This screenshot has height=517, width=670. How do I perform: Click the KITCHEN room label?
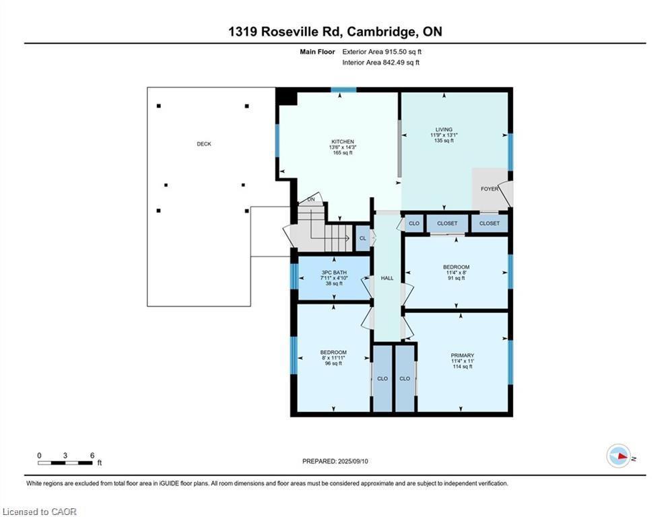341,142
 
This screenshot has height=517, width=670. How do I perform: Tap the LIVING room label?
444,130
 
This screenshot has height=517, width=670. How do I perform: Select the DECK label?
203,144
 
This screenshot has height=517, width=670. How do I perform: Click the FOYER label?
490,189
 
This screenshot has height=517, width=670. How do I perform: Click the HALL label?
387,278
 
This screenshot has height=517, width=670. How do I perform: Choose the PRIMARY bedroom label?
462,355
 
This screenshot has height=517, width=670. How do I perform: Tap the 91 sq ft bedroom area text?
456,278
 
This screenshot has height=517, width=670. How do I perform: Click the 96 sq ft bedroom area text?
333,364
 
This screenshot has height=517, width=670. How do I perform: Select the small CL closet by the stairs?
362,238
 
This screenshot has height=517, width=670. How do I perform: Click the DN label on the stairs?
310,200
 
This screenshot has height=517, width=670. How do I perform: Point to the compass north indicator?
618,456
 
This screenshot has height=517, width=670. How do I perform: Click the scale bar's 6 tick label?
91,455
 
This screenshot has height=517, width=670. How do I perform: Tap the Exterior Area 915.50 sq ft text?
382,52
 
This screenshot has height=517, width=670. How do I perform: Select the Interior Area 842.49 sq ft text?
380,63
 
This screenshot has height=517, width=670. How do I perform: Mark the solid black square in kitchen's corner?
287,97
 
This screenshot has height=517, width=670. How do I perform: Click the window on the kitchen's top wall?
343,90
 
